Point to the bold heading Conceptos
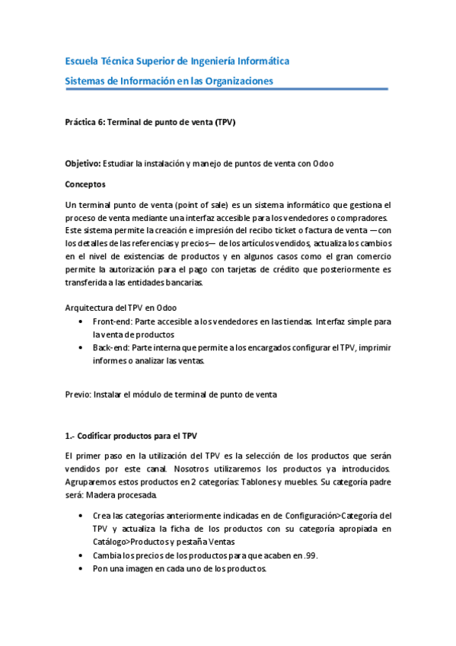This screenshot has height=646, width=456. (x=85, y=184)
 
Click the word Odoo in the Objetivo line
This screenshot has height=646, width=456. (x=322, y=164)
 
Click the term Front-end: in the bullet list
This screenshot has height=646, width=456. (x=116, y=321)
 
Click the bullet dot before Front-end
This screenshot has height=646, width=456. (x=81, y=321)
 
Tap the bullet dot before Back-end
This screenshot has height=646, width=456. (x=81, y=348)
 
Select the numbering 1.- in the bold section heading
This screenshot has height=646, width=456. (x=71, y=436)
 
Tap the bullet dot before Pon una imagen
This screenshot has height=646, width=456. (x=81, y=569)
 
